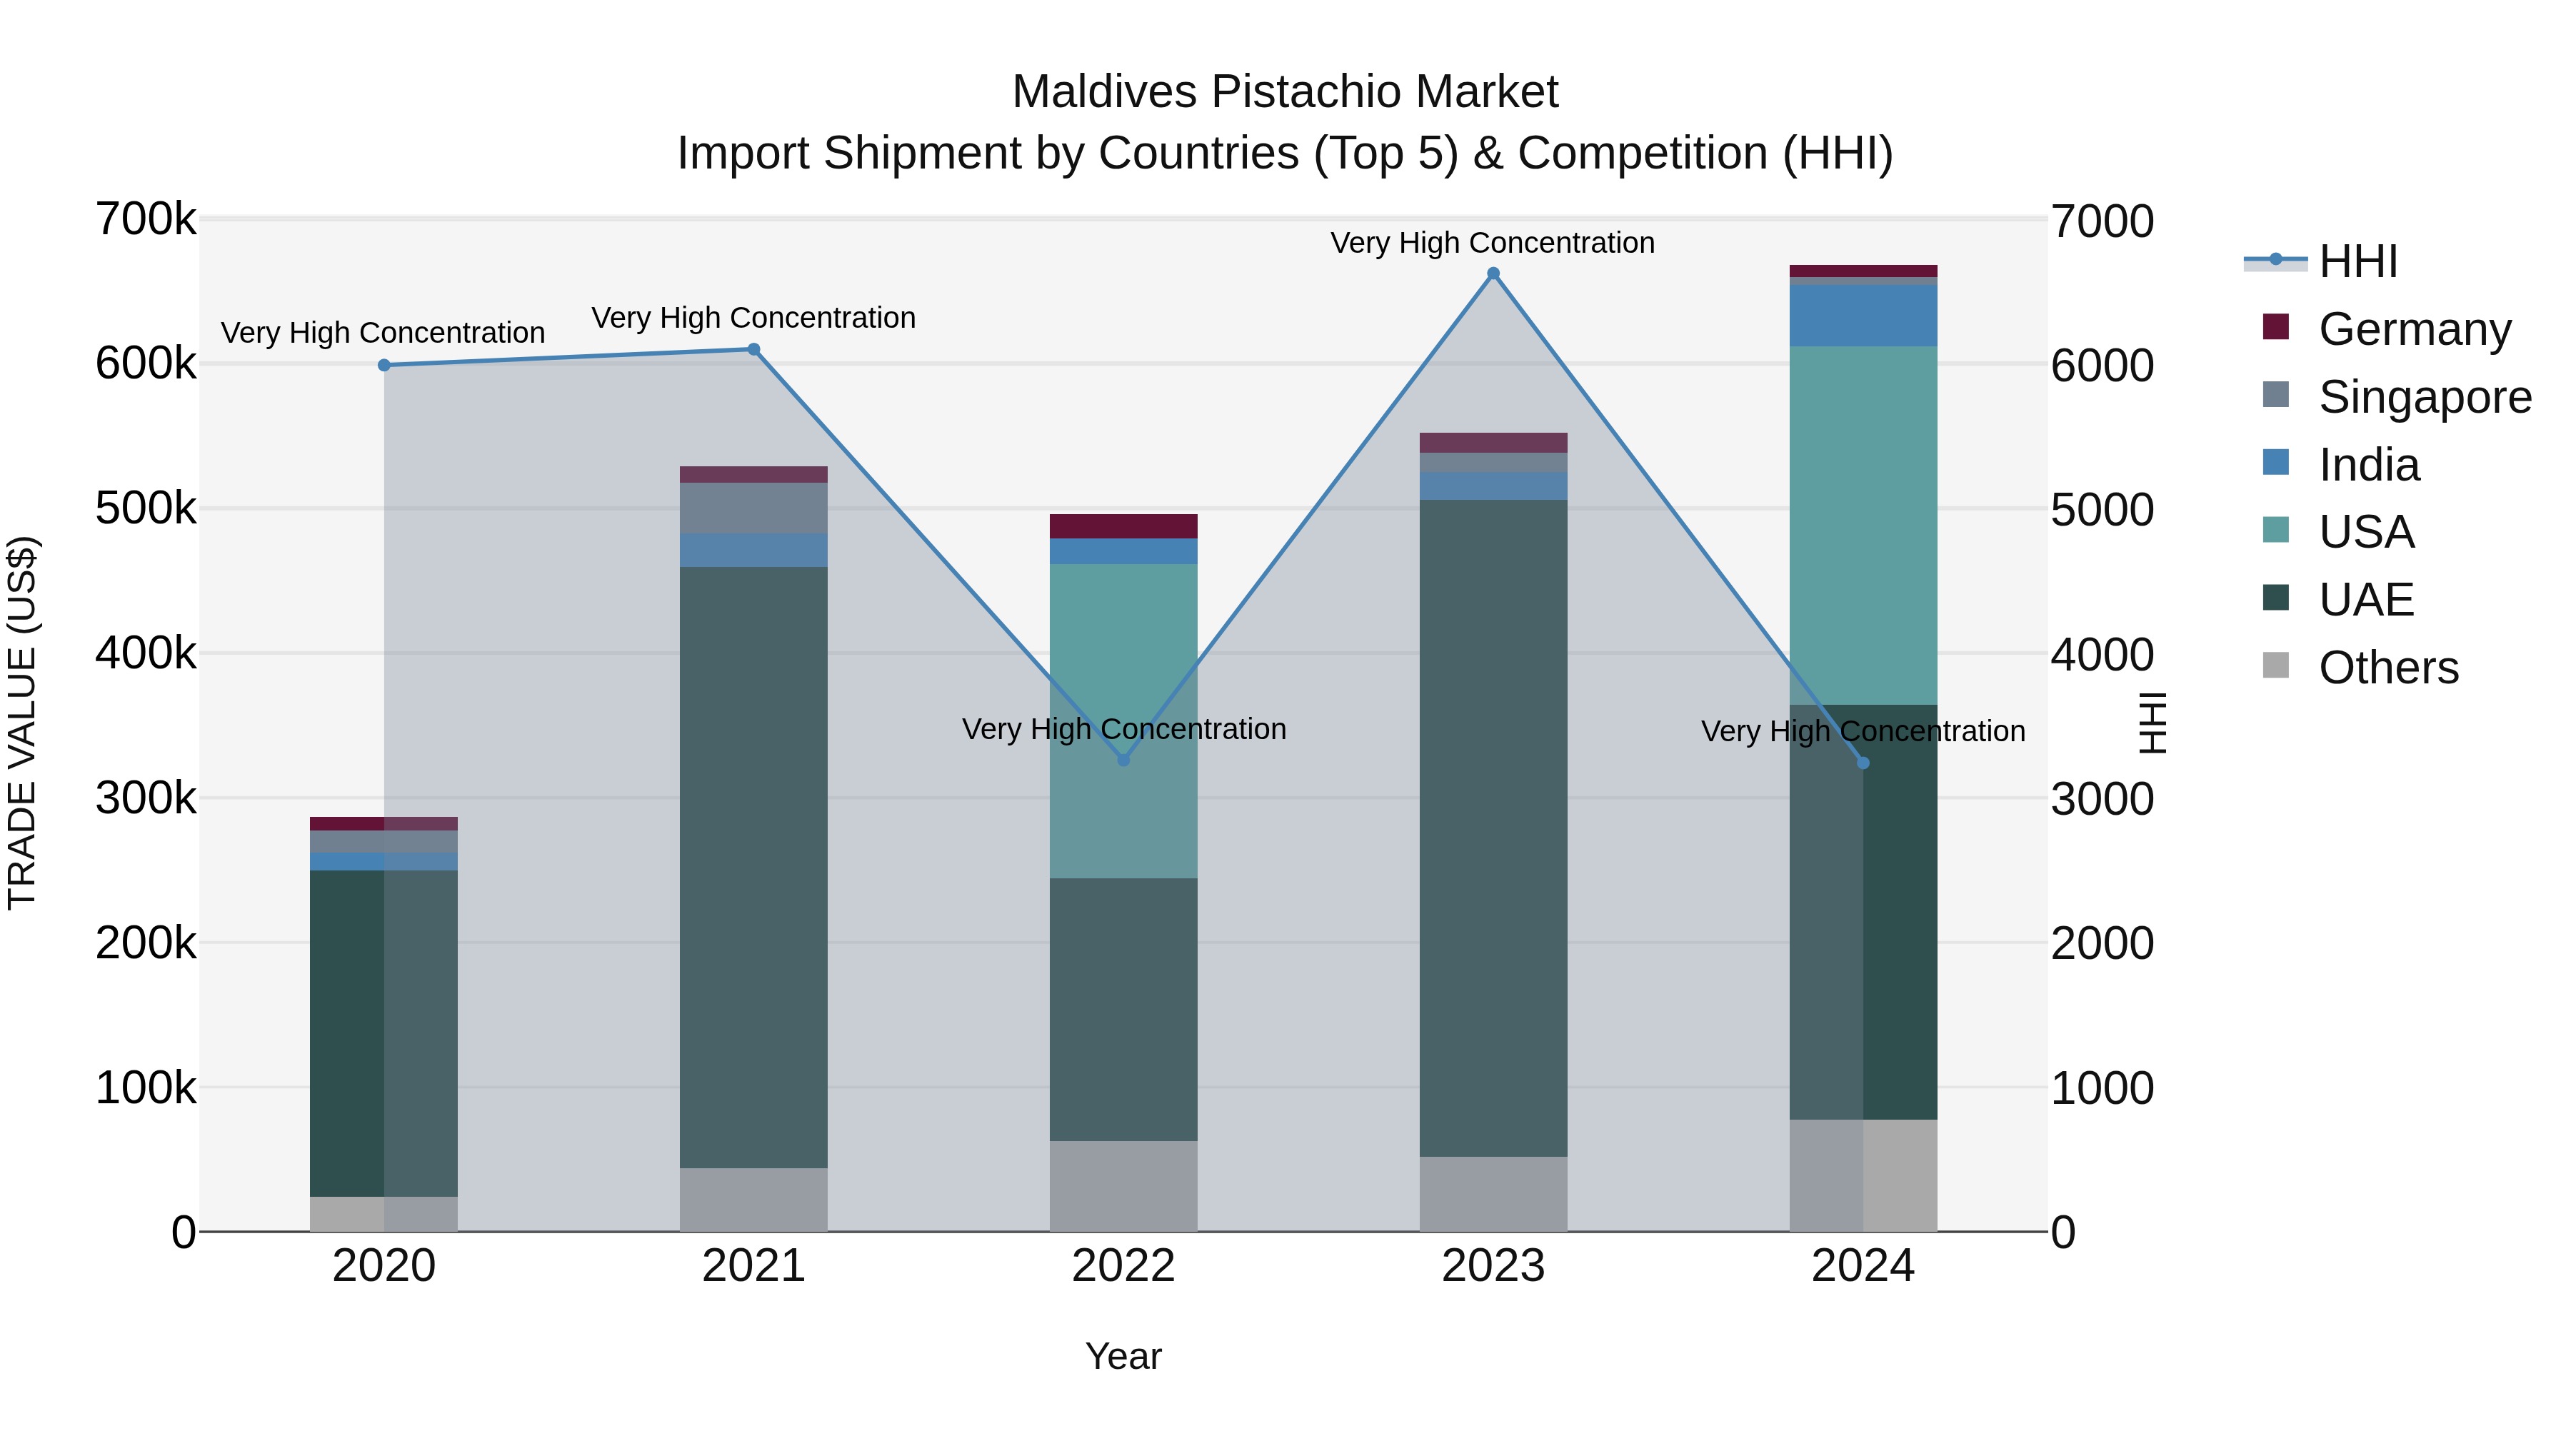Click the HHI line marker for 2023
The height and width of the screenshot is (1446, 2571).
coord(1493,273)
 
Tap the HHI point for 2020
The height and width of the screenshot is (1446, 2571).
coord(384,365)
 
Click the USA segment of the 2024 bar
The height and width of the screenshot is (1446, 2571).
coord(1863,525)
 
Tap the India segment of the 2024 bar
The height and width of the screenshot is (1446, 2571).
coord(1863,316)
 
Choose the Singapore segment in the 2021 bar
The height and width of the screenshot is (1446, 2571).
coord(753,508)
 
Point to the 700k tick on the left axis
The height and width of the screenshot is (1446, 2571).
coord(146,219)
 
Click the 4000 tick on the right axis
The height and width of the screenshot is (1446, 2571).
coord(2102,655)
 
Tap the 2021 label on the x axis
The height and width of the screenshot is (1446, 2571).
coord(753,1266)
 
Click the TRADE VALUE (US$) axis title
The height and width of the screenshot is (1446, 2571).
coord(22,723)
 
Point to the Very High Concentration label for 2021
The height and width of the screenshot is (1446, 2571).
coord(753,317)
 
